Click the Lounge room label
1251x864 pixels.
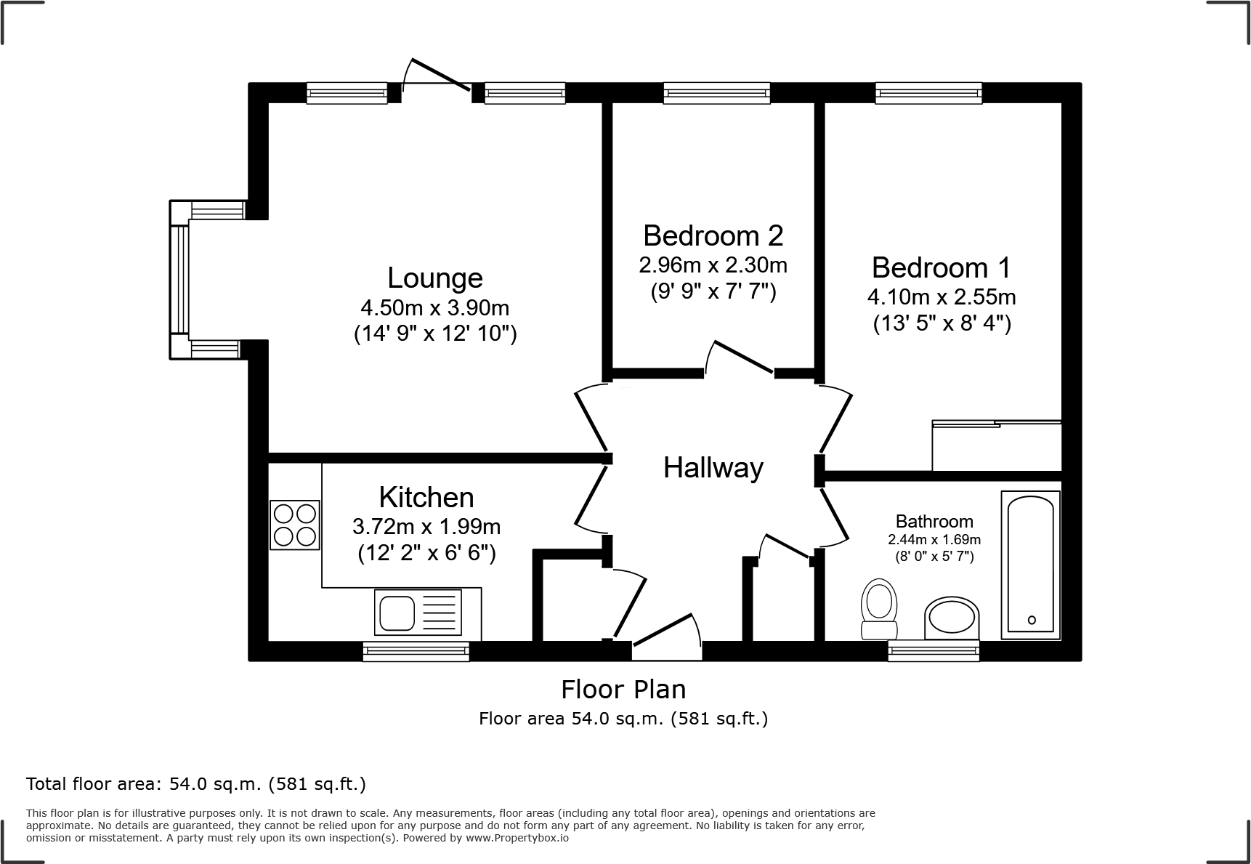(435, 278)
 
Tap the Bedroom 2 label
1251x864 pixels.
(713, 235)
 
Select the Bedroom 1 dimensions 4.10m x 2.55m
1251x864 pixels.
(942, 297)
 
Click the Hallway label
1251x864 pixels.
(713, 468)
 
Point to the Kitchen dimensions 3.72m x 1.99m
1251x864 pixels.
(426, 525)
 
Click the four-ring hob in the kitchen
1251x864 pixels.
(295, 525)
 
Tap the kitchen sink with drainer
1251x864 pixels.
(418, 611)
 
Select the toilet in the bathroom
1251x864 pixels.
(878, 609)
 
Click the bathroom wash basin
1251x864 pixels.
(952, 618)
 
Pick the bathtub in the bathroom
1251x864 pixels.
(1031, 565)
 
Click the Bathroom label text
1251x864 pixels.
(934, 521)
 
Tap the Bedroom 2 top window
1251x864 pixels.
(716, 93)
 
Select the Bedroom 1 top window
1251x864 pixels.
(928, 93)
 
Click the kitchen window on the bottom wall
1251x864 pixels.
(416, 651)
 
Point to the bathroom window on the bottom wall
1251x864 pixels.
(934, 651)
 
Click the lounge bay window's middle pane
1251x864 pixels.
(179, 280)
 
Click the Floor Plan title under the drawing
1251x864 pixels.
(623, 689)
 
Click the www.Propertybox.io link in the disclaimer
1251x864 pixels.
(517, 838)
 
